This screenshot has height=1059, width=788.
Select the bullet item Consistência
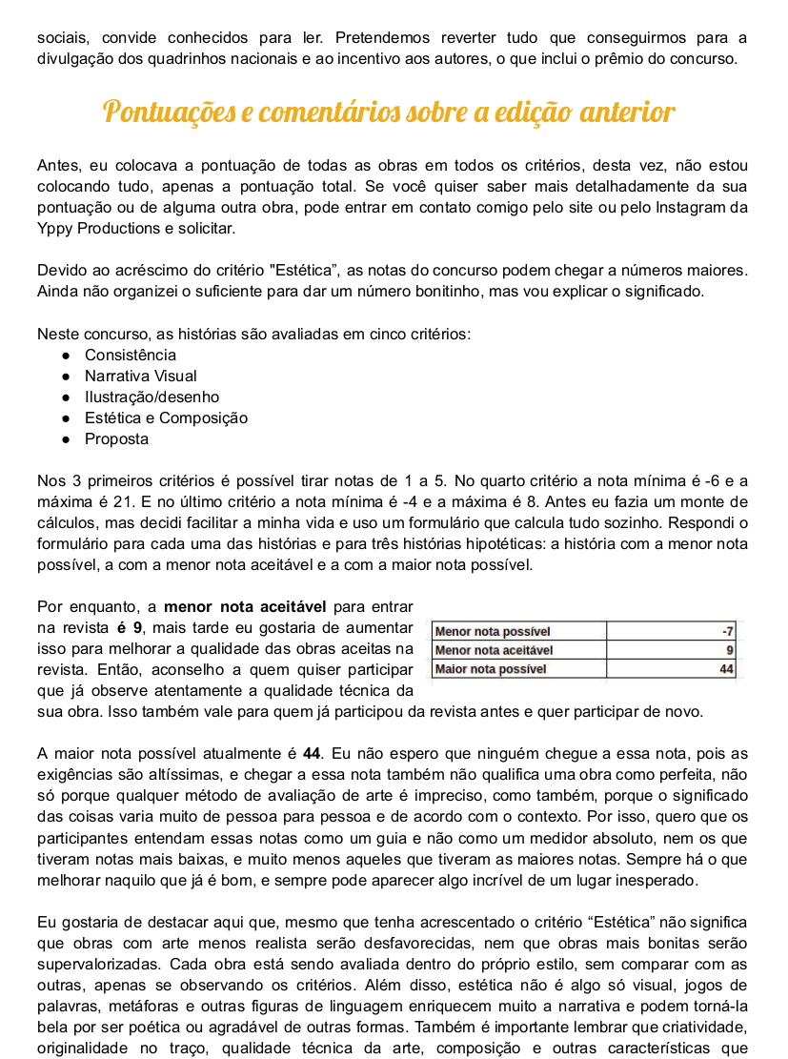coord(131,356)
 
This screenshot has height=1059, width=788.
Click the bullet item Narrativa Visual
coord(141,377)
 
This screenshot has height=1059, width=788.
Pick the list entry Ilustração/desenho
coord(152,397)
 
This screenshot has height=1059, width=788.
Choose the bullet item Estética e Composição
coord(166,418)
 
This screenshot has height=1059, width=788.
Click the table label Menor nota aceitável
coord(494,650)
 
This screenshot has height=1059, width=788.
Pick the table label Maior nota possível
coord(491,669)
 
